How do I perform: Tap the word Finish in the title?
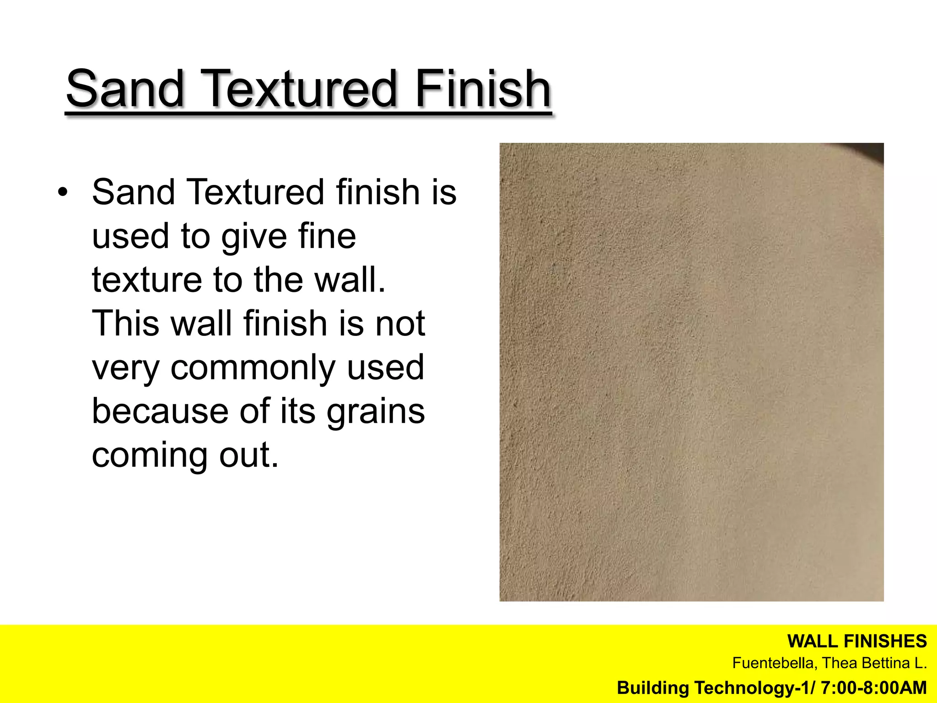(483, 88)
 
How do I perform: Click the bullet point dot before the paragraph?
(63, 192)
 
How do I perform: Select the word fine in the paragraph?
(327, 236)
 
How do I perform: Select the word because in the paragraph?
(160, 411)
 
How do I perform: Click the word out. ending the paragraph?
(249, 455)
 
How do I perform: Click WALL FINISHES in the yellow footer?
(857, 642)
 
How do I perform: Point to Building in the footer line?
(653, 688)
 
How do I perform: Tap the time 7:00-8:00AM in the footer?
(874, 688)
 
